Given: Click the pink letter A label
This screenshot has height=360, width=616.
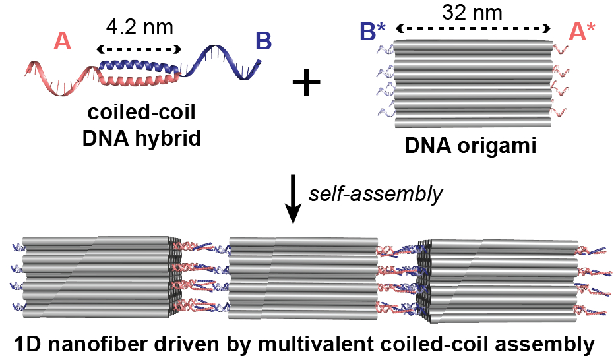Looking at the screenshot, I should (x=62, y=42).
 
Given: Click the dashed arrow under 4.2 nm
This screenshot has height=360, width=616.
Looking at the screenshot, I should (x=139, y=49).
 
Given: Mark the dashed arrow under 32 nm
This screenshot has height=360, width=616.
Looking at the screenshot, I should (x=473, y=30).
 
